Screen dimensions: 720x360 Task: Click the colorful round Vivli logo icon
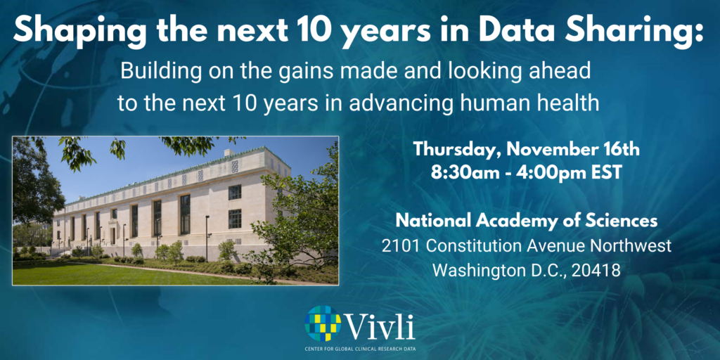(323, 323)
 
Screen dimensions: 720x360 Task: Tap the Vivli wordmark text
(380, 326)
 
